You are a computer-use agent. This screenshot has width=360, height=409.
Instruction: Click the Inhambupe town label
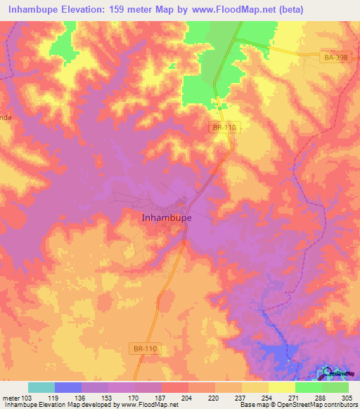[162, 218]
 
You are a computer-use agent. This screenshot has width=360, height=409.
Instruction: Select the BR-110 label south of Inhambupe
[145, 348]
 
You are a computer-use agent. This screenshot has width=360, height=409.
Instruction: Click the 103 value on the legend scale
[28, 397]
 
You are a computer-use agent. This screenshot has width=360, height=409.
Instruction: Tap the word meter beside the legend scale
[11, 397]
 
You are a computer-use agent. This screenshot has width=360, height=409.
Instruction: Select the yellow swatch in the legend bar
[282, 387]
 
